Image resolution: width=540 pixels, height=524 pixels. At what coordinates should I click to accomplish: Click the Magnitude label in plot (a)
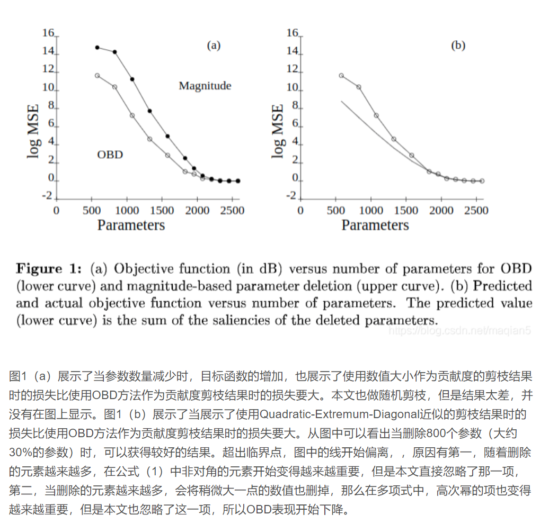205,86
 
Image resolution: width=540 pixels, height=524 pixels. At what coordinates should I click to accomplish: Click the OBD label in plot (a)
110,155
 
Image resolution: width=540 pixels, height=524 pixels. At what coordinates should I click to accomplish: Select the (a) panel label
213,46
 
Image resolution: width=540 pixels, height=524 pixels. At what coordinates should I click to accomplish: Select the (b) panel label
458,46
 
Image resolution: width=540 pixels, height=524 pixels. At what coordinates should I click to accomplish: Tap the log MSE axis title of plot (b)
277,131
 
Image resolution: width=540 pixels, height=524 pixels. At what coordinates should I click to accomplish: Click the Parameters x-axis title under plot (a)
131,225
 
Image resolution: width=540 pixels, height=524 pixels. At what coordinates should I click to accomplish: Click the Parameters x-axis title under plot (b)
375,225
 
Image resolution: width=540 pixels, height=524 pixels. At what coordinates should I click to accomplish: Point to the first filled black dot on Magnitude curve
97,47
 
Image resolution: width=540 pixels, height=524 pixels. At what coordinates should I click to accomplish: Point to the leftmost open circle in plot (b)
341,76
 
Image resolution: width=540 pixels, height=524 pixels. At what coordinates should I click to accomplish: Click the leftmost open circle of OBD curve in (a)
97,76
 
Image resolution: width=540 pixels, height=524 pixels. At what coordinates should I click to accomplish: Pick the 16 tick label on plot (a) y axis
48,33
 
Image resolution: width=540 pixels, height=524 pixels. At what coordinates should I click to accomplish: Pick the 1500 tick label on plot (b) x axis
407,210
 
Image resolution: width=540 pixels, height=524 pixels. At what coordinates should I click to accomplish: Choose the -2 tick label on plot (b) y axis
291,196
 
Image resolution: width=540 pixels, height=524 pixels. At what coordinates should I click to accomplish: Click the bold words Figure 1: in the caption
49,269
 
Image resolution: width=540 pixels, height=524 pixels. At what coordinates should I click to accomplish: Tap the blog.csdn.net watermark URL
459,331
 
